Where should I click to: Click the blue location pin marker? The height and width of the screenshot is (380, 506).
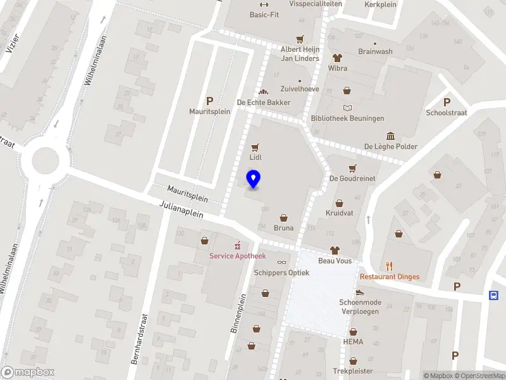click(x=254, y=179)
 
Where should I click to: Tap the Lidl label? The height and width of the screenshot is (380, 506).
click(x=256, y=157)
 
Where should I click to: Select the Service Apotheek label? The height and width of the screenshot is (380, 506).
click(x=238, y=256)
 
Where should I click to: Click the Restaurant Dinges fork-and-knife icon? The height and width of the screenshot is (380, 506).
click(x=390, y=266)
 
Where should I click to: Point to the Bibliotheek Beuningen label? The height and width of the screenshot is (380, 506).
click(x=347, y=118)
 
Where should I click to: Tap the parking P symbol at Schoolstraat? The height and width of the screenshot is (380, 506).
click(x=447, y=103)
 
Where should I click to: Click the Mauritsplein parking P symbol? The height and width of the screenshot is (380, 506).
click(x=209, y=100)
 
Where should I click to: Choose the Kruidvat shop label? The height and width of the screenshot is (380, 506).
click(x=339, y=213)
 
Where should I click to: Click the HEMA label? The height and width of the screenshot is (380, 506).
click(x=353, y=342)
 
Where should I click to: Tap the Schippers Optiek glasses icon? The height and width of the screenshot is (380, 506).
click(x=281, y=262)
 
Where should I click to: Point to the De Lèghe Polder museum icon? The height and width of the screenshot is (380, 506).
click(x=390, y=136)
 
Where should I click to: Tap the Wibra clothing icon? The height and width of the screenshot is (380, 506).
click(x=337, y=58)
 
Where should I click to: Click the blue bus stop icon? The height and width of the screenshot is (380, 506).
click(x=493, y=294)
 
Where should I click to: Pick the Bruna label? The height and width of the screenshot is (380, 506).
click(x=283, y=228)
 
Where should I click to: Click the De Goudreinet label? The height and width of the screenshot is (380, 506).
click(x=352, y=179)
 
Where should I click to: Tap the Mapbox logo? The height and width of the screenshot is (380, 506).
click(x=28, y=372)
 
